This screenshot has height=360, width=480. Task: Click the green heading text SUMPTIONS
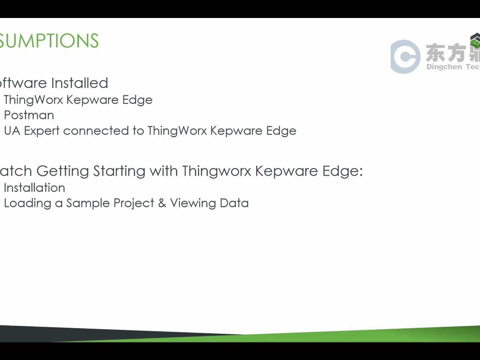(x=49, y=41)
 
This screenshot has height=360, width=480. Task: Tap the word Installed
(x=80, y=83)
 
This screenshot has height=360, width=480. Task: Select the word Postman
(x=29, y=115)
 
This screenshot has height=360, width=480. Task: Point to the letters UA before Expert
(x=12, y=131)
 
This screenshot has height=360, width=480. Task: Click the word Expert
(x=42, y=131)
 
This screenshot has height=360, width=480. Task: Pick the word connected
(x=96, y=131)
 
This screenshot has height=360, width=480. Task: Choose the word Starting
(x=119, y=171)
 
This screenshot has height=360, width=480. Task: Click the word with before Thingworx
(x=164, y=171)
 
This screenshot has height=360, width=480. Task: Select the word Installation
(x=34, y=188)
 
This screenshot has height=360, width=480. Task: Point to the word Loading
(x=28, y=203)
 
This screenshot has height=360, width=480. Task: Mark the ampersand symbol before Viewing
(x=162, y=203)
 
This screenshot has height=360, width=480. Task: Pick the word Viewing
(x=193, y=203)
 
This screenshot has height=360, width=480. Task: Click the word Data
(x=234, y=203)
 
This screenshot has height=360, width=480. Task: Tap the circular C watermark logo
(x=405, y=57)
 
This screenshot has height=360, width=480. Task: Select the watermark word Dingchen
(x=444, y=67)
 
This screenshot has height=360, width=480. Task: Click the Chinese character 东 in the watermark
(x=435, y=53)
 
